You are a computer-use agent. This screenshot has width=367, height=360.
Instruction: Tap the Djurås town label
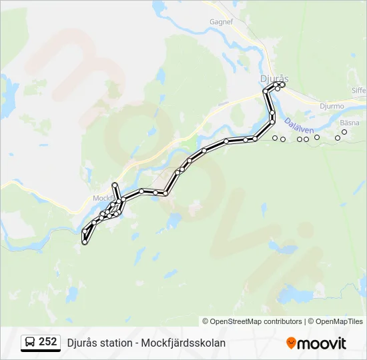274,78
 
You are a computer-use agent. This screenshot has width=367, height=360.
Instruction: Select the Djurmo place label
332,106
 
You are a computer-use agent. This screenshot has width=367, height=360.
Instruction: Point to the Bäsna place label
349,123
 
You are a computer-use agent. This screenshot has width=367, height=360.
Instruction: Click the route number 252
47,342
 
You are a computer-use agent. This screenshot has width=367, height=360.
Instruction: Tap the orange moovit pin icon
291,343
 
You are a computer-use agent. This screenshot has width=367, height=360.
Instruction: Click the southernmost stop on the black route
85,243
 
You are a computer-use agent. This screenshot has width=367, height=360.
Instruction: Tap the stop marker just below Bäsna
344,132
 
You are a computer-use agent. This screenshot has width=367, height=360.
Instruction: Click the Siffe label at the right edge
359,90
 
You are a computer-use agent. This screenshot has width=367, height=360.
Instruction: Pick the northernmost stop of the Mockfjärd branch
115,185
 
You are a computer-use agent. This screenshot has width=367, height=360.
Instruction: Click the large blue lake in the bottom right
298,294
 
